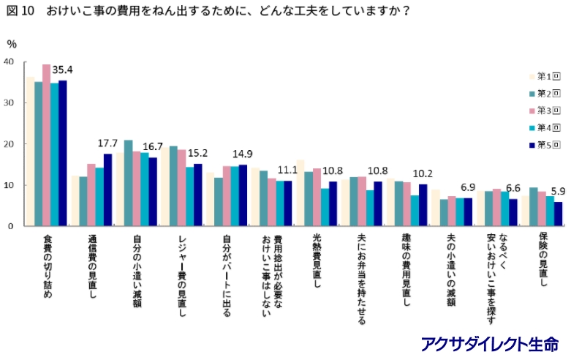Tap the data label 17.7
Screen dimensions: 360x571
(x=108, y=143)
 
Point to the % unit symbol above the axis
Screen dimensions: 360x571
(x=11, y=44)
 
